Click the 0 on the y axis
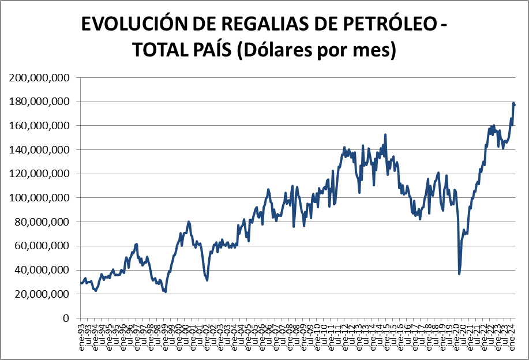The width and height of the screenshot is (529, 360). tap(67, 318)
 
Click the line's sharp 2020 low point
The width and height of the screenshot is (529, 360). tap(459, 273)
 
